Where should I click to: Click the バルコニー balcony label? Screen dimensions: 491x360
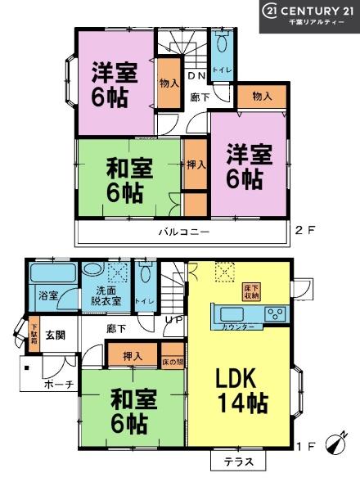coord(184,232)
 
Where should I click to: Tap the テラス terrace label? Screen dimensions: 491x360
coord(239,462)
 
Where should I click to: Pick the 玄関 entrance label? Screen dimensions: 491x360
coord(55,335)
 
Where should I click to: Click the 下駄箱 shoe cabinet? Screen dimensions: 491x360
coord(34,336)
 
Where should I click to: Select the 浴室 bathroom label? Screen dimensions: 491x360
coord(47,296)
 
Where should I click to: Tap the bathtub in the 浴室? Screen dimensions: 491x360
coord(53,274)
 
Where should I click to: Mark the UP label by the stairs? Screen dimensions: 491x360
coord(173,318)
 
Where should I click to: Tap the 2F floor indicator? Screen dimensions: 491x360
coord(304,232)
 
